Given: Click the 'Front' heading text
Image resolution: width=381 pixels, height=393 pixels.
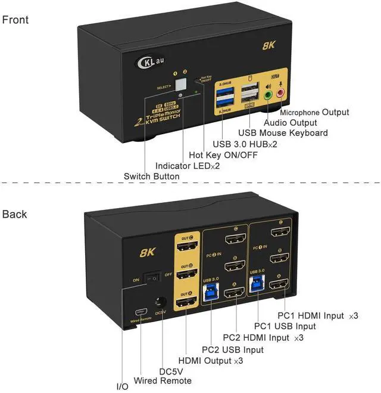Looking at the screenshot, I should [15, 20].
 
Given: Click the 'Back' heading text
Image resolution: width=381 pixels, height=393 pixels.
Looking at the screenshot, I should [15, 214].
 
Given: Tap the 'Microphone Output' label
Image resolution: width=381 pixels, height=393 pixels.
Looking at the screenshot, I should [314, 112].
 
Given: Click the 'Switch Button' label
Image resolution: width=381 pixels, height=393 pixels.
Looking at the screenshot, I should [151, 177].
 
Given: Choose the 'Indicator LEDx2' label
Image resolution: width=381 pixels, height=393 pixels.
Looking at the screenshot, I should [188, 166].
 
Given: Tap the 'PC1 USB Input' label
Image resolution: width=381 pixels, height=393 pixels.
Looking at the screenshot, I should [285, 326].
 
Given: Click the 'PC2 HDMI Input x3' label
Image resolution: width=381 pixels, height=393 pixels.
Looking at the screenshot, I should [263, 338].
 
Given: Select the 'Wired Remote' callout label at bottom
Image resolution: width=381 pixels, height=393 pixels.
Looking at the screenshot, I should [163, 380].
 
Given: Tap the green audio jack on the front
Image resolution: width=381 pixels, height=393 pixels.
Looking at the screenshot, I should [268, 94].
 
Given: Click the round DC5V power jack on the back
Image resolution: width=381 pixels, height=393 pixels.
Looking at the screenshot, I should [159, 302].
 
